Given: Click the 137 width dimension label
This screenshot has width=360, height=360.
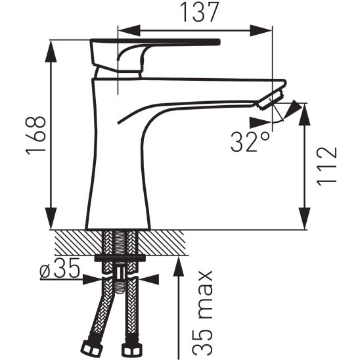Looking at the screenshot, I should (195, 14).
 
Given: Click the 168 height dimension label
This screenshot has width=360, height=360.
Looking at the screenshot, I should (36, 136).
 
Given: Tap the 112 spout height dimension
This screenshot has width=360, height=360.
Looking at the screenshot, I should (326, 167).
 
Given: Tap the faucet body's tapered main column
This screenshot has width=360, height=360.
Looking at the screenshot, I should (118, 171).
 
